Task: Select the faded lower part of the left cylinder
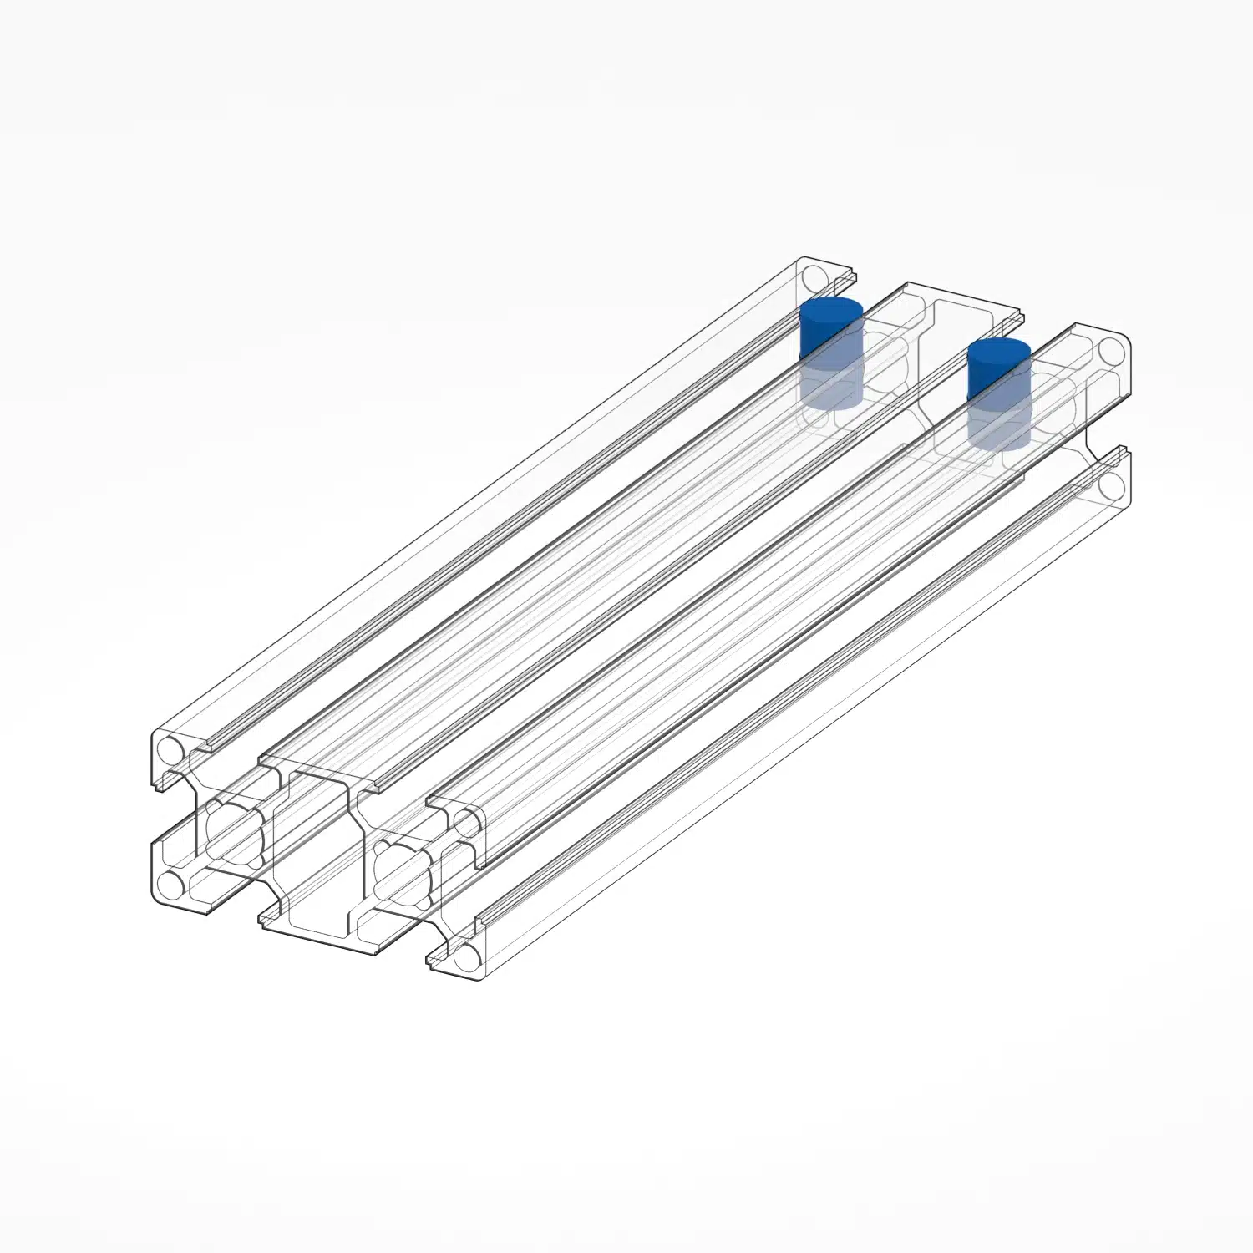829,387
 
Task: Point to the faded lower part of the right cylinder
998,429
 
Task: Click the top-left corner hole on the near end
170,748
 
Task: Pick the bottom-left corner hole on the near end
170,884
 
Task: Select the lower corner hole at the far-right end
1111,484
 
